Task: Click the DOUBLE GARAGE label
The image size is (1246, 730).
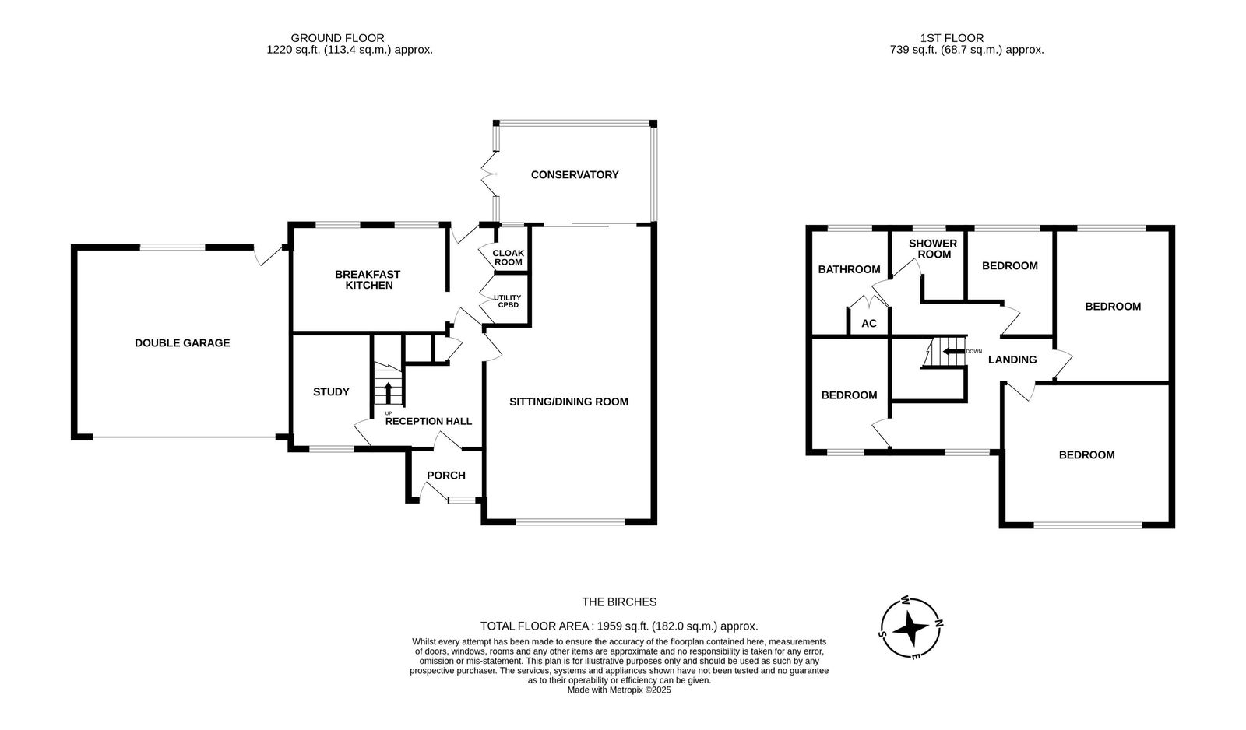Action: coord(182,343)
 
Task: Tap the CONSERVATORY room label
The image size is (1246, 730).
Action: coord(575,174)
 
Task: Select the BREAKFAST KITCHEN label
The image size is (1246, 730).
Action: coord(368,279)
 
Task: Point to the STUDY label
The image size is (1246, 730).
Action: coord(331,392)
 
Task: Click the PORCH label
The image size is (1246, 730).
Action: coord(446,476)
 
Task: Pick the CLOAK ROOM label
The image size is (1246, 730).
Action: coord(508,258)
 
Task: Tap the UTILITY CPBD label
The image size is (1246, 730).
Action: coord(507,301)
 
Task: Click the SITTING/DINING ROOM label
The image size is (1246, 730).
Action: coord(568,402)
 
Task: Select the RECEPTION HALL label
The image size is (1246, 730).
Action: coord(428,422)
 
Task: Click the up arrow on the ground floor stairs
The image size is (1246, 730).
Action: coord(389,392)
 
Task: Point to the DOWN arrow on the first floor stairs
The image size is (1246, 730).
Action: coord(953,351)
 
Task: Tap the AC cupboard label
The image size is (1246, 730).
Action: coord(869,324)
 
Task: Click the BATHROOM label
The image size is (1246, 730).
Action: coord(849,269)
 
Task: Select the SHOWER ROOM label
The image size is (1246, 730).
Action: coord(933,248)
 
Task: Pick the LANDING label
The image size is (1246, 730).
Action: coord(1012,360)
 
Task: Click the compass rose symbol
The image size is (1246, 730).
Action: coord(910,628)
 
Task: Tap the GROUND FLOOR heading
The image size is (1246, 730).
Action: coord(338,38)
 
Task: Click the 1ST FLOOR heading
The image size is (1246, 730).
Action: coord(952,38)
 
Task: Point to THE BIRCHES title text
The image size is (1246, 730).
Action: coord(619,602)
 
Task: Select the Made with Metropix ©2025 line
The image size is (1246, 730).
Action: coord(619,690)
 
